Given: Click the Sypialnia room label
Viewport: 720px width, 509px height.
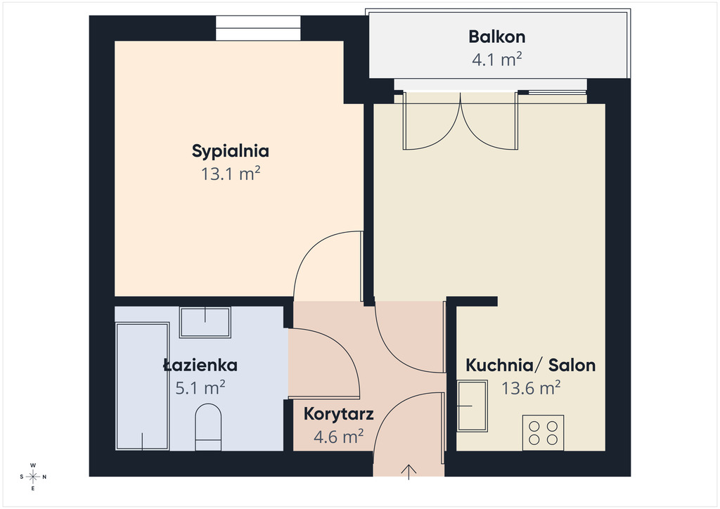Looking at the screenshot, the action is point(231,151).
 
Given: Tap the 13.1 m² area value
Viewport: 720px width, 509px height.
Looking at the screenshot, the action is point(231,174).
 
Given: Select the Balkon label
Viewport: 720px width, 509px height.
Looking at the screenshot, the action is point(497,37).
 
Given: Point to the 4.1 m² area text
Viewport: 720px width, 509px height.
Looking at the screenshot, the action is point(497,60).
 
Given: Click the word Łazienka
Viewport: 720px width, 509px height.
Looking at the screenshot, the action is point(200,366).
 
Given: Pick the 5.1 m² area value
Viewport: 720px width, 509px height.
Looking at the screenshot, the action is point(200,388).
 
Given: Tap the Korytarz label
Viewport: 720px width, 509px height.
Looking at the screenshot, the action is point(338,415).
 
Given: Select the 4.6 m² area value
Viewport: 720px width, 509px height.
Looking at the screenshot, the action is point(338,437).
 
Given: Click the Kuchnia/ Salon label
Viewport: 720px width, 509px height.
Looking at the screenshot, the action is point(531,366).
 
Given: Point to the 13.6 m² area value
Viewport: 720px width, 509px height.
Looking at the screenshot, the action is point(531,388).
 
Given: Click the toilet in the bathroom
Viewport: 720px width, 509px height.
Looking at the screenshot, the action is point(208,427).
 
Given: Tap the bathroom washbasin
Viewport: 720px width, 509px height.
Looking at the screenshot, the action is point(205,323).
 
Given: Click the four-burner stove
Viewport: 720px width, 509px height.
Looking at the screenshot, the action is point(544,433).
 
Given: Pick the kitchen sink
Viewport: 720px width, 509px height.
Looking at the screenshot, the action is point(472,406).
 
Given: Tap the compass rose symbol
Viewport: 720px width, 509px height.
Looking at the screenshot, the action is point(33,477).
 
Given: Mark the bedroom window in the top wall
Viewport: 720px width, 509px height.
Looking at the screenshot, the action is point(258,28).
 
